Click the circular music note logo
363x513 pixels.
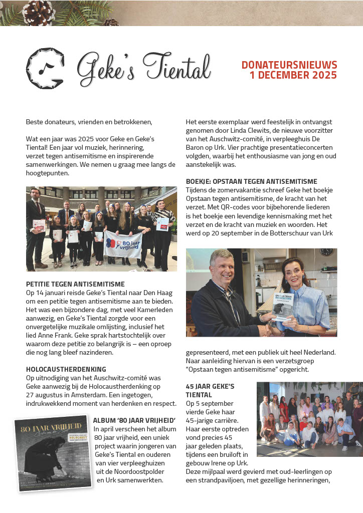[45, 67]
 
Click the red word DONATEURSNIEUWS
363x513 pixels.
[289, 65]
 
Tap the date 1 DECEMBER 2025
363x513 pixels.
[293, 76]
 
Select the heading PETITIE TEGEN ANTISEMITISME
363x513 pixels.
[75, 285]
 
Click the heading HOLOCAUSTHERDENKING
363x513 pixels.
[66, 369]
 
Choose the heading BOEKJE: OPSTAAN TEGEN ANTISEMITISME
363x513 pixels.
[258, 181]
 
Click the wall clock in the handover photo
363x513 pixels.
[327, 252]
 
